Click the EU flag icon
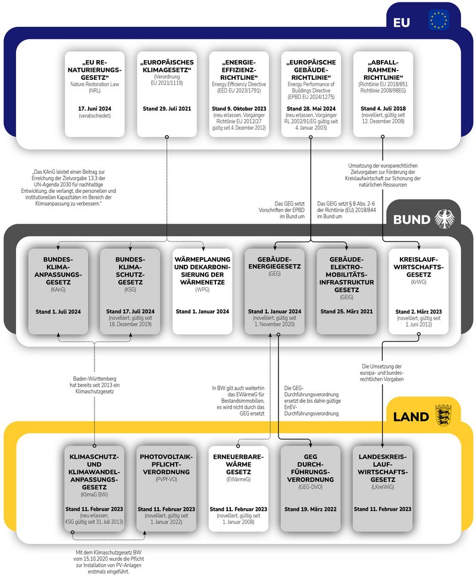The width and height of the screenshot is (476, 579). click(x=439, y=20)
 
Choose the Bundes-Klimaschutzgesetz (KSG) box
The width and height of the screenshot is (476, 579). click(x=130, y=291)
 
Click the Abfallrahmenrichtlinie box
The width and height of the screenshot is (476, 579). click(x=382, y=94)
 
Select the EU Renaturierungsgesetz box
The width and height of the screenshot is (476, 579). click(x=95, y=94)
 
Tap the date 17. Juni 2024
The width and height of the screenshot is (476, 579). click(x=95, y=108)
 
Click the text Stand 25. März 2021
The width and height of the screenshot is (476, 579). click(x=346, y=311)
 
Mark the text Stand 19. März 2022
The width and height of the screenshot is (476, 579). click(x=311, y=509)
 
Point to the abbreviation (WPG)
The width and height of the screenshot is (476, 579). click(x=202, y=289)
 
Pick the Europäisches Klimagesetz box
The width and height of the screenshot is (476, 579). click(x=167, y=94)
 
